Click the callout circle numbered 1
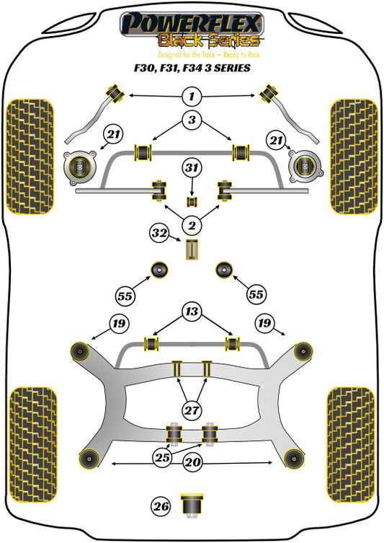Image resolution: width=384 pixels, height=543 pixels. (192, 97)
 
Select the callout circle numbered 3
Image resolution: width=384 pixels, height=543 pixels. (192, 120)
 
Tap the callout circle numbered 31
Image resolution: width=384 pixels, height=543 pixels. (192, 168)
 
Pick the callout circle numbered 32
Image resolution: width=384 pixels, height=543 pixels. (159, 233)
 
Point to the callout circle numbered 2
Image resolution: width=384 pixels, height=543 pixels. (192, 226)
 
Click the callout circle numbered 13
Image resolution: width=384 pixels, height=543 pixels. (192, 312)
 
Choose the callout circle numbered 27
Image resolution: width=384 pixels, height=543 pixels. (192, 410)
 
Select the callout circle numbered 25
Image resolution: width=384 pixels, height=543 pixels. (162, 457)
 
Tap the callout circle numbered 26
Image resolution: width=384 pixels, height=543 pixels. (161, 507)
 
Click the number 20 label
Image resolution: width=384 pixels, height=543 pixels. (193, 462)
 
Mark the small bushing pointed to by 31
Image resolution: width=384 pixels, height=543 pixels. (192, 201)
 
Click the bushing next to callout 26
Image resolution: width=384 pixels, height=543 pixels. (192, 506)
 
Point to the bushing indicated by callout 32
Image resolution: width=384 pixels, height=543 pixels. (192, 250)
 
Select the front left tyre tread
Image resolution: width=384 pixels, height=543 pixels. (30, 156)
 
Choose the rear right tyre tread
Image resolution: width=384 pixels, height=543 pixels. (350, 444)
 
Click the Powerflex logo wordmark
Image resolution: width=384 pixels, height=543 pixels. (192, 25)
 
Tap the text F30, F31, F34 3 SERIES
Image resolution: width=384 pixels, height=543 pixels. (192, 68)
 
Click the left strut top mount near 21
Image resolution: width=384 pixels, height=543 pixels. (80, 167)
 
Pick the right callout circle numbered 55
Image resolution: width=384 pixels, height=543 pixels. (256, 294)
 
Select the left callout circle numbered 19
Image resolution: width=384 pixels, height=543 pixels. (119, 324)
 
